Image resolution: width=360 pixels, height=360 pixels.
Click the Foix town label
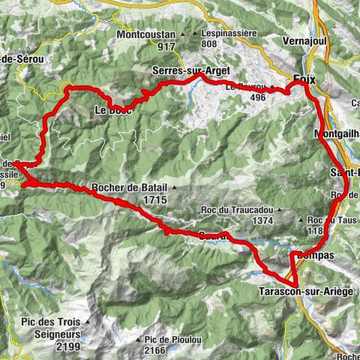(x=303, y=79)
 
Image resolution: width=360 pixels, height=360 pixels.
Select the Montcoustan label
(x=146, y=35)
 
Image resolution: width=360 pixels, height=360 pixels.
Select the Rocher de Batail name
(x=129, y=188)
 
